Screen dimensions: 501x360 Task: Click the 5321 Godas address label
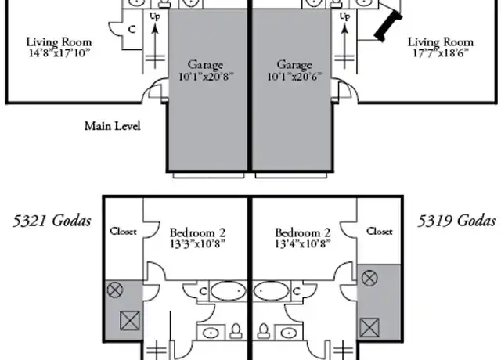pyautogui.click(x=52, y=221)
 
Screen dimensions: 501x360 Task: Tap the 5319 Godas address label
pyautogui.click(x=456, y=221)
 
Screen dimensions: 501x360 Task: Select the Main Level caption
pyautogui.click(x=113, y=126)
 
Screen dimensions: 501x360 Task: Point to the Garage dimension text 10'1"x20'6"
pyautogui.click(x=294, y=77)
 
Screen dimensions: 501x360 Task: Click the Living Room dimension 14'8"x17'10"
pyautogui.click(x=59, y=53)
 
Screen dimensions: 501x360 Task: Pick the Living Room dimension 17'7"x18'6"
pyautogui.click(x=441, y=53)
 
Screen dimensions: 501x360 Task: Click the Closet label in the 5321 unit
pyautogui.click(x=123, y=231)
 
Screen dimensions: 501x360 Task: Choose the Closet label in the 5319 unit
pyautogui.click(x=379, y=231)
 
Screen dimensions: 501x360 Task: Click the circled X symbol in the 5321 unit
pyautogui.click(x=115, y=290)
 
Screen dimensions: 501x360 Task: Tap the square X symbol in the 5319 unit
pyautogui.click(x=369, y=327)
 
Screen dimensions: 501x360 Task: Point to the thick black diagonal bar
pyautogui.click(x=388, y=26)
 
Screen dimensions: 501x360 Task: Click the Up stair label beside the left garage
pyautogui.click(x=155, y=16)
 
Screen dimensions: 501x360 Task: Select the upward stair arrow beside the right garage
pyautogui.click(x=344, y=46)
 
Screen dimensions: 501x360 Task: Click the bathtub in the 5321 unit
pyautogui.click(x=228, y=290)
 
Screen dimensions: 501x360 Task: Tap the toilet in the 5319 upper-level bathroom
pyautogui.click(x=264, y=331)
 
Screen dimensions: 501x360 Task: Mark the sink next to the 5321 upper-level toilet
pyautogui.click(x=211, y=333)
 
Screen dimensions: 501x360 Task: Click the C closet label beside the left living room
pyautogui.click(x=132, y=30)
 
